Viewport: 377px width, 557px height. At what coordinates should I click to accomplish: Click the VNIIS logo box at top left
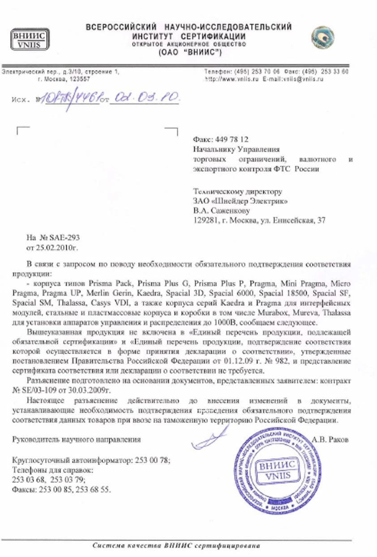point(30,39)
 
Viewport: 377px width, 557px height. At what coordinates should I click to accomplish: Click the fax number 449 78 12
point(231,140)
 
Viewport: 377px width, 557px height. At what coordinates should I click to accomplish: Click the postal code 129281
point(205,220)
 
